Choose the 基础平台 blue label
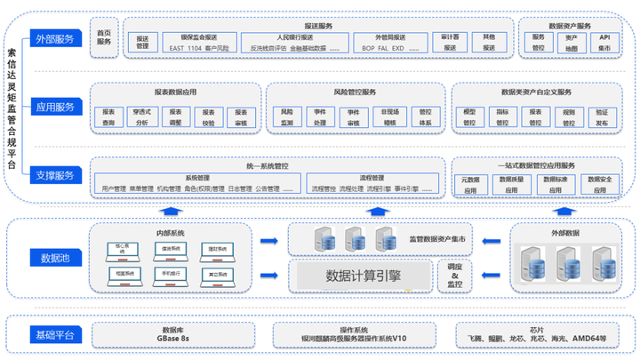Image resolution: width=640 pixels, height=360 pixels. pos(55,334)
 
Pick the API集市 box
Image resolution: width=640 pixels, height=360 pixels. pos(604,42)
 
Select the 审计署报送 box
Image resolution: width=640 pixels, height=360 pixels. pos(449,42)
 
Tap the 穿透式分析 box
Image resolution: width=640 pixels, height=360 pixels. pos(141,118)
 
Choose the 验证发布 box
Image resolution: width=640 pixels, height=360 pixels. pos(602,118)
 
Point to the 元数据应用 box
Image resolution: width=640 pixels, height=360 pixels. pos(470,184)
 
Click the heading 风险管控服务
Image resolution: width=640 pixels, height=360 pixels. pos(356,92)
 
